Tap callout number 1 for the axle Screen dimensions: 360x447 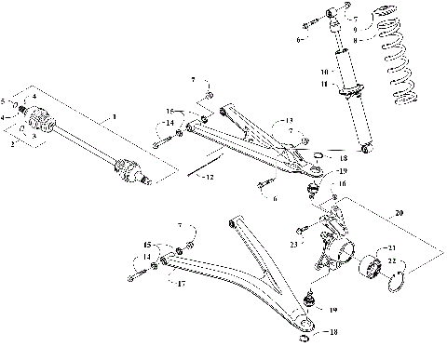click(114, 118)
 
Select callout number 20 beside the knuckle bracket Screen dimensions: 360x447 click(401, 212)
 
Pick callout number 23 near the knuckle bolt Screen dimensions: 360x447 click(293, 245)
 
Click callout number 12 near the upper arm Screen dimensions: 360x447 click(210, 177)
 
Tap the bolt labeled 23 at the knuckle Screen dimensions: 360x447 click(304, 229)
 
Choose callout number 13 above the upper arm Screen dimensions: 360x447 click(289, 121)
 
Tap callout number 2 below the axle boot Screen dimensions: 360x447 click(12, 145)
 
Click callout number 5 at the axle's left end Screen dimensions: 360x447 click(5, 100)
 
